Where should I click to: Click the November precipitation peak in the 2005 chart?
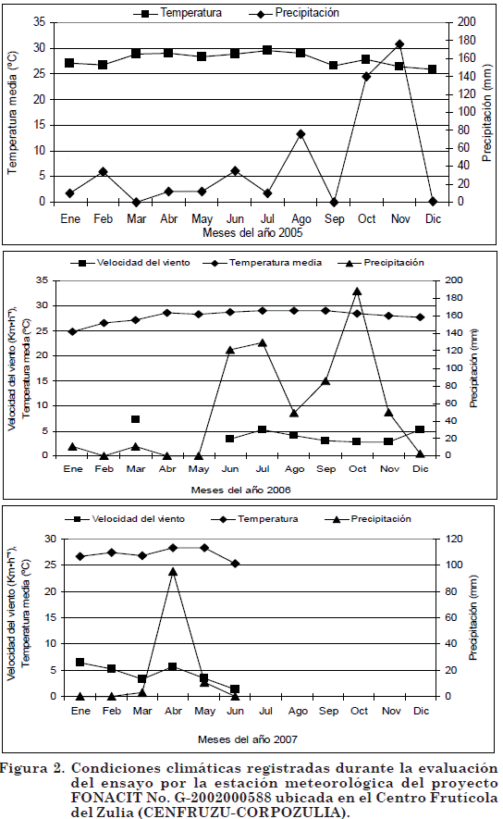pos(399,44)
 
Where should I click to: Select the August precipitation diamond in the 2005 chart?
pos(301,134)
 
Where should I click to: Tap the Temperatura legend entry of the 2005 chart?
pos(178,13)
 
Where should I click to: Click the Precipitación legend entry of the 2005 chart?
pos(294,13)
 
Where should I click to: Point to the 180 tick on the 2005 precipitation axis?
pos(466,40)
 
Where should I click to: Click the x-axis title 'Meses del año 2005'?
pos(252,233)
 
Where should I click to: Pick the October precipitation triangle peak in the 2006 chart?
pos(357,292)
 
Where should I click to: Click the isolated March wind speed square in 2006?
pos(136,419)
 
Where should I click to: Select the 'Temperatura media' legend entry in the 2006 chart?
pos(263,263)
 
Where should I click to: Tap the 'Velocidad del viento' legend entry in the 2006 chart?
pos(130,263)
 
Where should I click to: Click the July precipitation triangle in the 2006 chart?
pos(263,343)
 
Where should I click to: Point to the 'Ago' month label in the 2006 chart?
pos(294,469)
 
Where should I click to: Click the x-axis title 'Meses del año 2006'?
pos(241,490)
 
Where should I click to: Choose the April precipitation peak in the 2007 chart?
pos(173,571)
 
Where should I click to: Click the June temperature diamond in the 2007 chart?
pos(236,564)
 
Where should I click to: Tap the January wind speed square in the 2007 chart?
pos(80,663)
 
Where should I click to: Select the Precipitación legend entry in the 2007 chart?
pos(368,519)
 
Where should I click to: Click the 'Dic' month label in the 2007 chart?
pos(421,711)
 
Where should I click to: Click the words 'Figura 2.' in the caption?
pos(32,769)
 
